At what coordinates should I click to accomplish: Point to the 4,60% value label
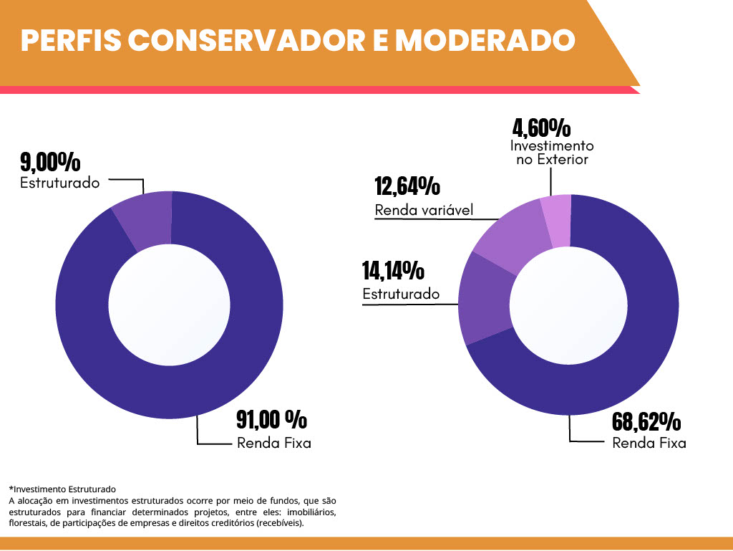(541, 128)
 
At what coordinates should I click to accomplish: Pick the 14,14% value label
(394, 271)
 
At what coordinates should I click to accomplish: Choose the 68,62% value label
(646, 421)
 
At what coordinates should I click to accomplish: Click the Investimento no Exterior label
(552, 152)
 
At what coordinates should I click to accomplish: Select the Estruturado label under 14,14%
(401, 294)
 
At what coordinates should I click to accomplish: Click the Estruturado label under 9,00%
(59, 183)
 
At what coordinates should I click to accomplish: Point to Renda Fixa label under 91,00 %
(274, 443)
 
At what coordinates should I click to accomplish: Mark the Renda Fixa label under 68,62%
(649, 444)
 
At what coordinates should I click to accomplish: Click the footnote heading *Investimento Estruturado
(62, 489)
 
